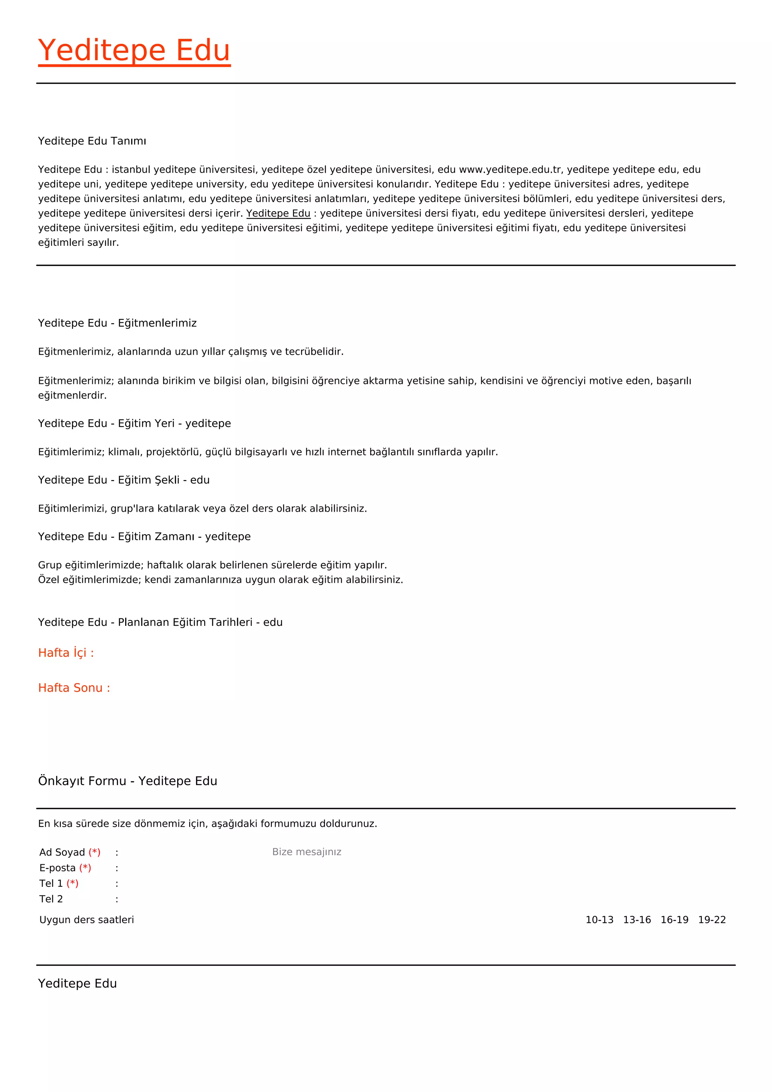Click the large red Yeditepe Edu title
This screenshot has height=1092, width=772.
coord(134,51)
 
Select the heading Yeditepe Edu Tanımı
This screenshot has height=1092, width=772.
coord(92,141)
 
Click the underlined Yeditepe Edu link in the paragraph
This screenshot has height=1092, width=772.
coord(278,213)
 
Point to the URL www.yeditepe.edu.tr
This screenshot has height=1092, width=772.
coord(510,170)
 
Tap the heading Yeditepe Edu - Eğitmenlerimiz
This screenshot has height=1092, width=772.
coord(117,324)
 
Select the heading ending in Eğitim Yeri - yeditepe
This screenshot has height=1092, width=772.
coord(135,424)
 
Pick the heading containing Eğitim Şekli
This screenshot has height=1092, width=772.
coord(124,480)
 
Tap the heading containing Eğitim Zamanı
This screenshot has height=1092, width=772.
coord(144,537)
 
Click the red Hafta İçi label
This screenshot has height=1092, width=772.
coord(66,653)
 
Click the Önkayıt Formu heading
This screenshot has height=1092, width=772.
coord(127,781)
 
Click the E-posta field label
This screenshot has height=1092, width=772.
coord(58,868)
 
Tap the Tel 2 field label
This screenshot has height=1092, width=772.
coord(51,899)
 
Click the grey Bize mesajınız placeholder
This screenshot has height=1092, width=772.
coord(306,852)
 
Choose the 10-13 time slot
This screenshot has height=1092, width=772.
coord(599,920)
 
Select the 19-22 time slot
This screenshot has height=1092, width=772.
coord(712,920)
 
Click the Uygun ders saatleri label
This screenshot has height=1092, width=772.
coord(87,920)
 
